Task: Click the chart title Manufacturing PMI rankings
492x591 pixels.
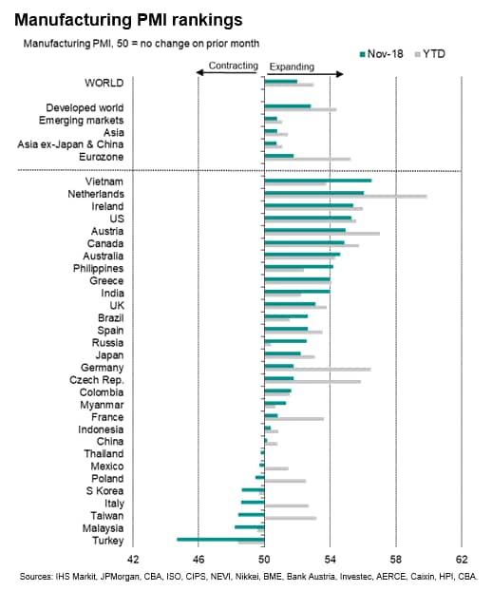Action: pos(128,20)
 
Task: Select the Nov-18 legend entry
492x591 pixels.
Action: pos(382,54)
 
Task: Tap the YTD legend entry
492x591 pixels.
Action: pos(430,54)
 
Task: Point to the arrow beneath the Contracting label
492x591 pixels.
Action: pos(227,72)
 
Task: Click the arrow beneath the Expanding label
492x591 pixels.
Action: pos(306,74)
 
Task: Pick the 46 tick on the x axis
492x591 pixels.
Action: pos(199,560)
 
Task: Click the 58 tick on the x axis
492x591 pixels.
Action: pos(396,560)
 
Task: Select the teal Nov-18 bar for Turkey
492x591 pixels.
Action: pos(220,540)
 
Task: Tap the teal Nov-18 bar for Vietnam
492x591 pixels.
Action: pos(318,181)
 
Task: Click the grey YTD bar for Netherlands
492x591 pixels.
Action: pos(346,196)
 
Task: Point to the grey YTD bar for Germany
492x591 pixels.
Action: pos(317,370)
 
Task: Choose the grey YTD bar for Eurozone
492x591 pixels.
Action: pos(308,159)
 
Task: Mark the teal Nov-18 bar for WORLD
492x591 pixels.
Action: pos(280,81)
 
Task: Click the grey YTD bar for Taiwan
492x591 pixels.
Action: pos(291,518)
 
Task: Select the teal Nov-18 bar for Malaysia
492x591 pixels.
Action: pos(250,527)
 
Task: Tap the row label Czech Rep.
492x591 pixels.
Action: pos(97,380)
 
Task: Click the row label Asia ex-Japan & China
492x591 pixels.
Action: pos(70,144)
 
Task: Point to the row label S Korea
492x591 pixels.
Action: pos(104,490)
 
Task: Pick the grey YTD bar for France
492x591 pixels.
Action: pos(293,419)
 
